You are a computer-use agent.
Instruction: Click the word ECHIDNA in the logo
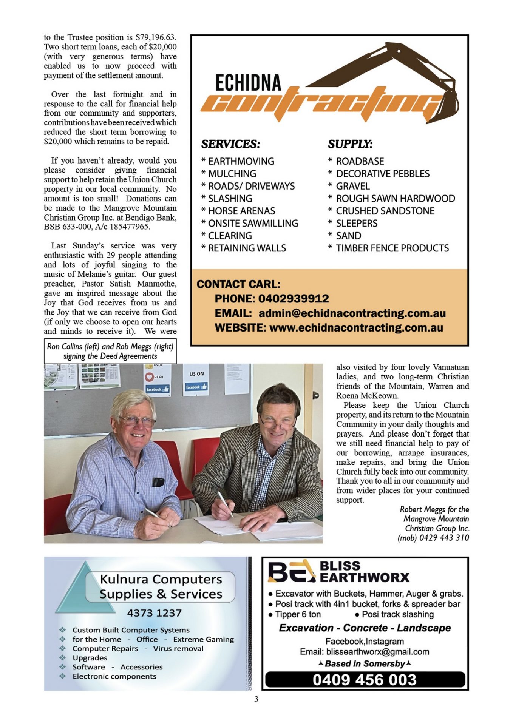pos(248,83)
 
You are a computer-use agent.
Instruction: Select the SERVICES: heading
pos(230,144)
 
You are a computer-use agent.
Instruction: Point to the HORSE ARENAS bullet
pos(241,211)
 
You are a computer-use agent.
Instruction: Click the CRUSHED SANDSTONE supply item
pos(385,211)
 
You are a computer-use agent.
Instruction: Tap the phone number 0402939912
pos(294,299)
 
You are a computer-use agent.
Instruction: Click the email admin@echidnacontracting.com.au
pos(352,313)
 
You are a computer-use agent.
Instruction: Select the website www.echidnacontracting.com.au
pos(356,327)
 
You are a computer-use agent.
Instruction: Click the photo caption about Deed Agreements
pos(110,351)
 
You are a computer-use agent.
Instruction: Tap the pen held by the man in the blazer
pos(226,503)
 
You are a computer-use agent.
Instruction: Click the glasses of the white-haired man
pos(137,421)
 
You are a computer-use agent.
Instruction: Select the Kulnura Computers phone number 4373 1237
pos(154,613)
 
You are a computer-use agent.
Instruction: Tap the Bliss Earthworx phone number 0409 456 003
pos(365,680)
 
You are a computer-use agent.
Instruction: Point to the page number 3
pos(256,699)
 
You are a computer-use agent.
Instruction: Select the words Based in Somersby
pos(365,663)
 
